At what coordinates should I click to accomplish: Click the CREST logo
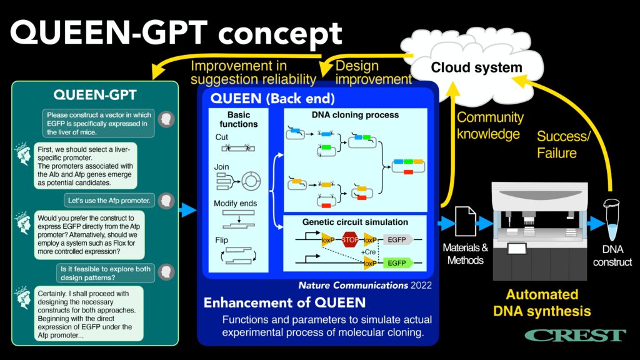[575, 336]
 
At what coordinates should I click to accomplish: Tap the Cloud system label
[477, 68]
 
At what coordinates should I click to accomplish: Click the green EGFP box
[397, 263]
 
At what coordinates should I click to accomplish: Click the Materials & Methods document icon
[465, 221]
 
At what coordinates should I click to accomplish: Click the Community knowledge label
[490, 125]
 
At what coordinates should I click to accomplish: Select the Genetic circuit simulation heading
[355, 222]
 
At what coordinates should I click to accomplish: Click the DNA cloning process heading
[355, 115]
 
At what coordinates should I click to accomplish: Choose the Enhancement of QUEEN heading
[284, 303]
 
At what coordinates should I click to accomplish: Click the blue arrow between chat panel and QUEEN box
[187, 211]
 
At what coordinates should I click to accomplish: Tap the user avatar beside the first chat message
[166, 119]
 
